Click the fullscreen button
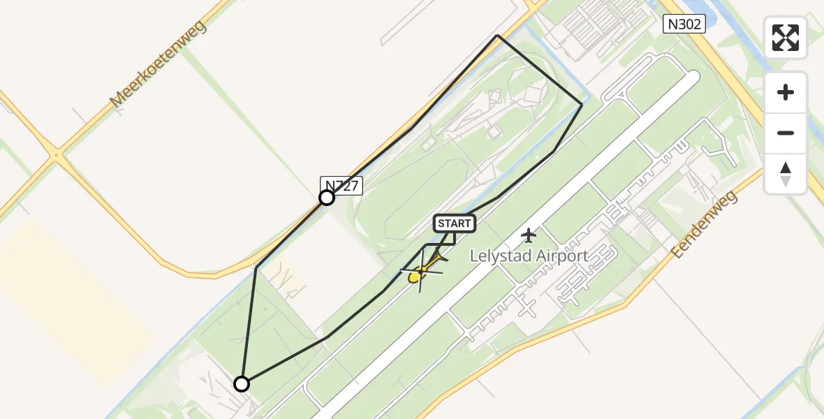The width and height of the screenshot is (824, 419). tap(785, 38)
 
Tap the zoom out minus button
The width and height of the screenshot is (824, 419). tap(786, 133)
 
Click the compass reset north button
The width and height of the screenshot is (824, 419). tap(786, 174)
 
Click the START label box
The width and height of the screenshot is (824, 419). tap(455, 223)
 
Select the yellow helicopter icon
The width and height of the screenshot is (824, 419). tap(421, 270)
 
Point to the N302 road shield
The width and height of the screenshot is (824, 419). tap(684, 25)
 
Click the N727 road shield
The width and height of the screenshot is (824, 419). tap(341, 185)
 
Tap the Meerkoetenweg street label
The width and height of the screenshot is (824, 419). tap(158, 64)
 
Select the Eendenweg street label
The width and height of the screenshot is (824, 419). tap(705, 225)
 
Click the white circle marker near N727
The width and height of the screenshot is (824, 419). tap(327, 198)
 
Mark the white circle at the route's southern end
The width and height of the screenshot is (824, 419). tap(242, 383)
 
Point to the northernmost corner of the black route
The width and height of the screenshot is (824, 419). tap(497, 35)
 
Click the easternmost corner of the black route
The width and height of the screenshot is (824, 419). tap(582, 104)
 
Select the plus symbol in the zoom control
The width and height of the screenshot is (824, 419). tap(786, 92)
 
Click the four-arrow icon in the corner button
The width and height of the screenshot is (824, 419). tap(785, 38)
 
